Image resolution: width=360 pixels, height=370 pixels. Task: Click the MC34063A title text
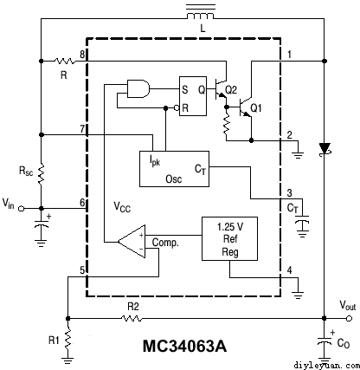click(184, 347)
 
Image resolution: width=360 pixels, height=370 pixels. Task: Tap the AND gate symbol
click(138, 88)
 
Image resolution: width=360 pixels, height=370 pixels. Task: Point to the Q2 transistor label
click(230, 89)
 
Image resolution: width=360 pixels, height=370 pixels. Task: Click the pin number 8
click(81, 55)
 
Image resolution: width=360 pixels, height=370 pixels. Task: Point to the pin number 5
click(81, 270)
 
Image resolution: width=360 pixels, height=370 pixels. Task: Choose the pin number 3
click(290, 191)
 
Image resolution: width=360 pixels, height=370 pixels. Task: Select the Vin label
click(9, 204)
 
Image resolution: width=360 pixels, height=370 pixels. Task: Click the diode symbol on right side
click(325, 149)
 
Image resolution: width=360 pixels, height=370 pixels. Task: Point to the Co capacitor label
click(344, 343)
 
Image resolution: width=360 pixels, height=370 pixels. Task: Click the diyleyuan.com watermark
click(325, 364)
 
